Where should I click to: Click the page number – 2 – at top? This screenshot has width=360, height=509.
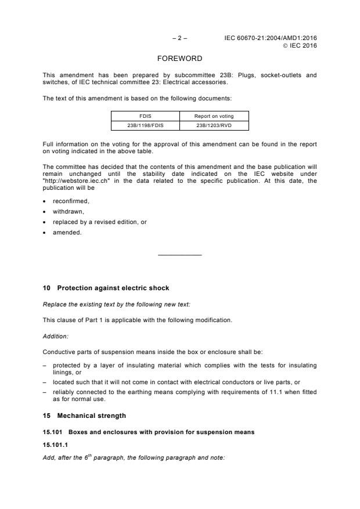click(x=180, y=38)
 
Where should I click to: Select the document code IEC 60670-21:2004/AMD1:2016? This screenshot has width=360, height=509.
click(x=271, y=38)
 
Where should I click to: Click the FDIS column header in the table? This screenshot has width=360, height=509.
click(x=145, y=116)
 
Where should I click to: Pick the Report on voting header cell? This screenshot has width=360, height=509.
click(x=214, y=116)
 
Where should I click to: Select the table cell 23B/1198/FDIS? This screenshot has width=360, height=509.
click(x=145, y=125)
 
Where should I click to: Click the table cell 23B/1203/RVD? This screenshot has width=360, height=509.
click(x=214, y=125)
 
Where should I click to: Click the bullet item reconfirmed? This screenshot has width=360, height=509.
click(x=71, y=201)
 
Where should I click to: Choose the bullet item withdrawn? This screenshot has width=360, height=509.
click(x=68, y=211)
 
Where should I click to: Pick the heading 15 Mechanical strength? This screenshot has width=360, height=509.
click(x=84, y=416)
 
